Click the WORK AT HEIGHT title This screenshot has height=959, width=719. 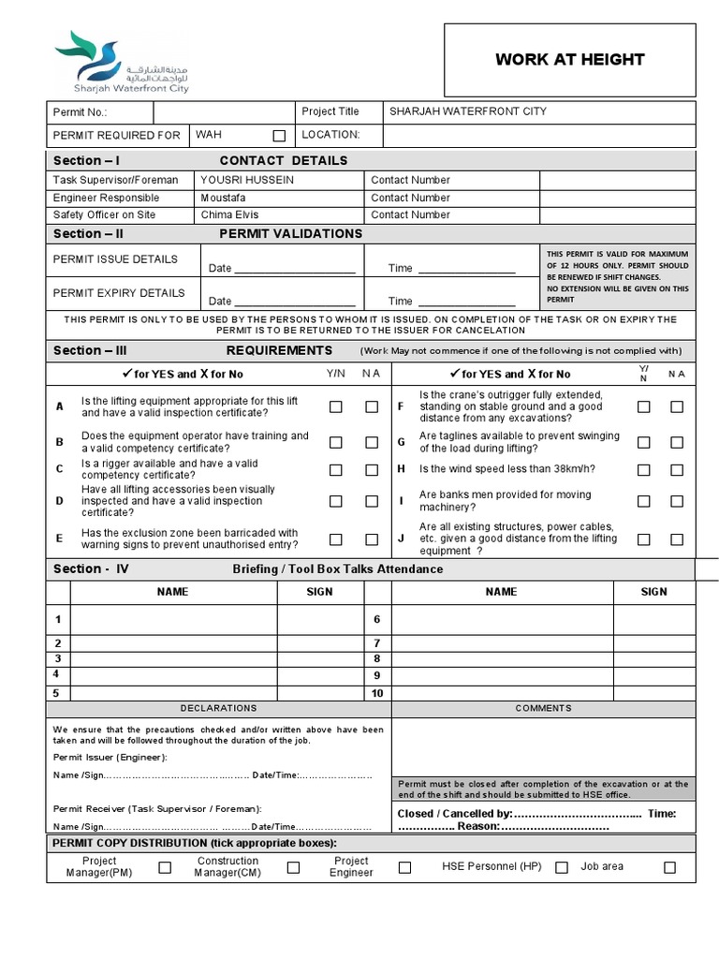click(569, 60)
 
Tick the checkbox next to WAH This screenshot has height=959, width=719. click(279, 136)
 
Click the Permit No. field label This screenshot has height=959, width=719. click(81, 112)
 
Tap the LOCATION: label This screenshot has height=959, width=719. click(330, 135)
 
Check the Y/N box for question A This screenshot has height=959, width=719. click(336, 407)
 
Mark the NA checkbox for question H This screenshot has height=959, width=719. click(677, 469)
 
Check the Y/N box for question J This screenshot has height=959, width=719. click(644, 539)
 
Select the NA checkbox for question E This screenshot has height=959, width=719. click(373, 539)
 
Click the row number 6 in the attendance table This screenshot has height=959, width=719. click(377, 620)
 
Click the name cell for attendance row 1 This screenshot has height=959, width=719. click(173, 620)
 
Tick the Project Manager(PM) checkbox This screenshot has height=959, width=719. click(165, 868)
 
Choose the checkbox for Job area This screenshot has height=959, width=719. click(669, 868)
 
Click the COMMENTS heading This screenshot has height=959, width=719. click(543, 709)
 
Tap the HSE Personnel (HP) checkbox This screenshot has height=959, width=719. click(562, 868)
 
